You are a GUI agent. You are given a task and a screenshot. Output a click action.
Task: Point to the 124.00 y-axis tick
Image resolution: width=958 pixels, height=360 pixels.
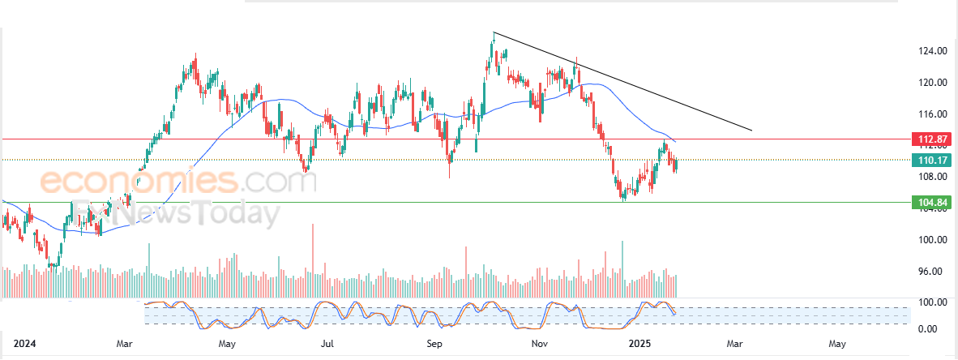point(933,51)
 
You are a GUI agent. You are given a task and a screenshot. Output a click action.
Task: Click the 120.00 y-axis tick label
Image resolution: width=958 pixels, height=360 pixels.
point(933,82)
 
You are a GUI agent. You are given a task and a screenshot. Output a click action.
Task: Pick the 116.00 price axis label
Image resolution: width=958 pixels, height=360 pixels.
point(933,114)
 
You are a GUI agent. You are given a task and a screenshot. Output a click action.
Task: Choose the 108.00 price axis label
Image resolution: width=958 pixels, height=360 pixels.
point(933,177)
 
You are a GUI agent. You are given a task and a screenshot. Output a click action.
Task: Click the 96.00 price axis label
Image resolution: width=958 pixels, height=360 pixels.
point(933,272)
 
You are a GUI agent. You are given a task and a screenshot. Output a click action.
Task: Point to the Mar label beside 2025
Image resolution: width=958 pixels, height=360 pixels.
point(734,345)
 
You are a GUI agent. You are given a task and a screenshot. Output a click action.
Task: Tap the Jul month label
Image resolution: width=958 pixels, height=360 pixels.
point(327,345)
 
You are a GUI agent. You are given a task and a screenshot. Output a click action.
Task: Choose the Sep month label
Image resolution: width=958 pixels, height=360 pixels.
point(435,345)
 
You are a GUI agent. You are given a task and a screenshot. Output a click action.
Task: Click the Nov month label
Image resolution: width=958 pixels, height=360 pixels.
point(539,345)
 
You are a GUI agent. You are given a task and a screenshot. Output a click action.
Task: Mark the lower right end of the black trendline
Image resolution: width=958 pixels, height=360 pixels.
point(752,131)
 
